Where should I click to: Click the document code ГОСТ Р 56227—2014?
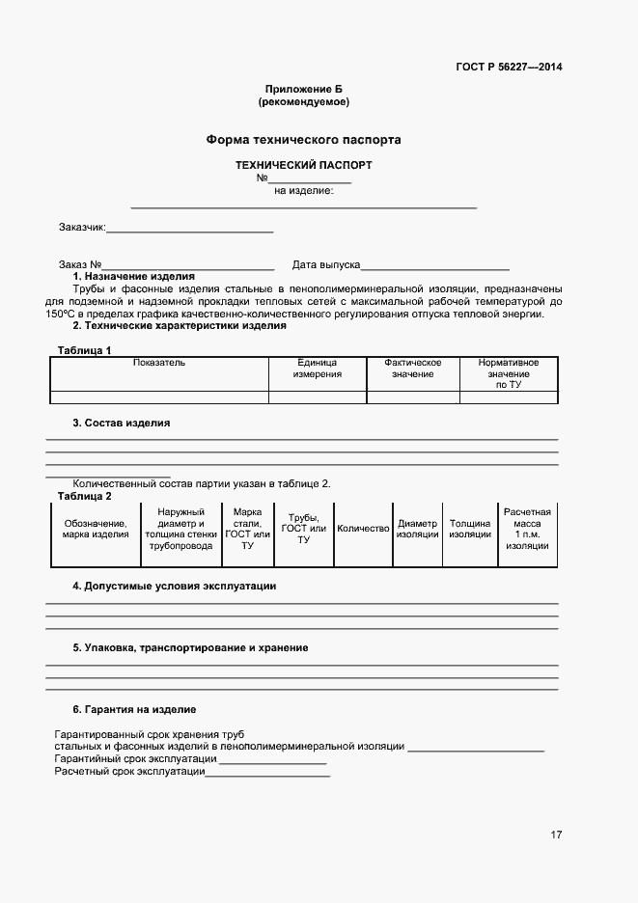[x=509, y=67]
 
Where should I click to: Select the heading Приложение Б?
[x=303, y=89]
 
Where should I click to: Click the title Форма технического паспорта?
[x=303, y=140]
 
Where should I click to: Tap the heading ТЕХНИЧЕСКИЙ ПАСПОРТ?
[x=303, y=165]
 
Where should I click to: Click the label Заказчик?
[x=81, y=228]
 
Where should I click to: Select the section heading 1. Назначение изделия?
[x=133, y=276]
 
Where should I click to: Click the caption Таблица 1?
[x=84, y=350]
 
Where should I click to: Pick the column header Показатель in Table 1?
[x=159, y=363]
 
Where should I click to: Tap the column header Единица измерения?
[x=318, y=368]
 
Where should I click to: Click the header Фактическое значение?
[x=413, y=368]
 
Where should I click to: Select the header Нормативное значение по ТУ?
[x=509, y=373]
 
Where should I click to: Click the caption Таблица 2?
[x=84, y=496]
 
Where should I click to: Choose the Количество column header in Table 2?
[x=363, y=529]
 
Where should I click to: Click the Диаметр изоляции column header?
[x=418, y=529]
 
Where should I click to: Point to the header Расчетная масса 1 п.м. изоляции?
[x=527, y=529]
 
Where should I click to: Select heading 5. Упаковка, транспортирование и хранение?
[x=190, y=647]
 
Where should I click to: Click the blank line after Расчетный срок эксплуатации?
[x=267, y=775]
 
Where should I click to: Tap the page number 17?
[x=556, y=835]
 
